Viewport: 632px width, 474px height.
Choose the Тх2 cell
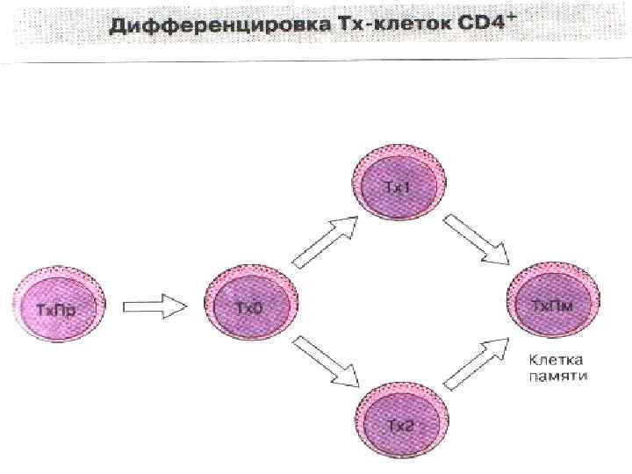[400, 424]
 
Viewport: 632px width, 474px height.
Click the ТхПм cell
[554, 304]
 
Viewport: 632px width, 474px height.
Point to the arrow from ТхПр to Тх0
[154, 307]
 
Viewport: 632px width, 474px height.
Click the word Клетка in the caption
[556, 361]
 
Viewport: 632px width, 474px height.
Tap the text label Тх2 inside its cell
[400, 426]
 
